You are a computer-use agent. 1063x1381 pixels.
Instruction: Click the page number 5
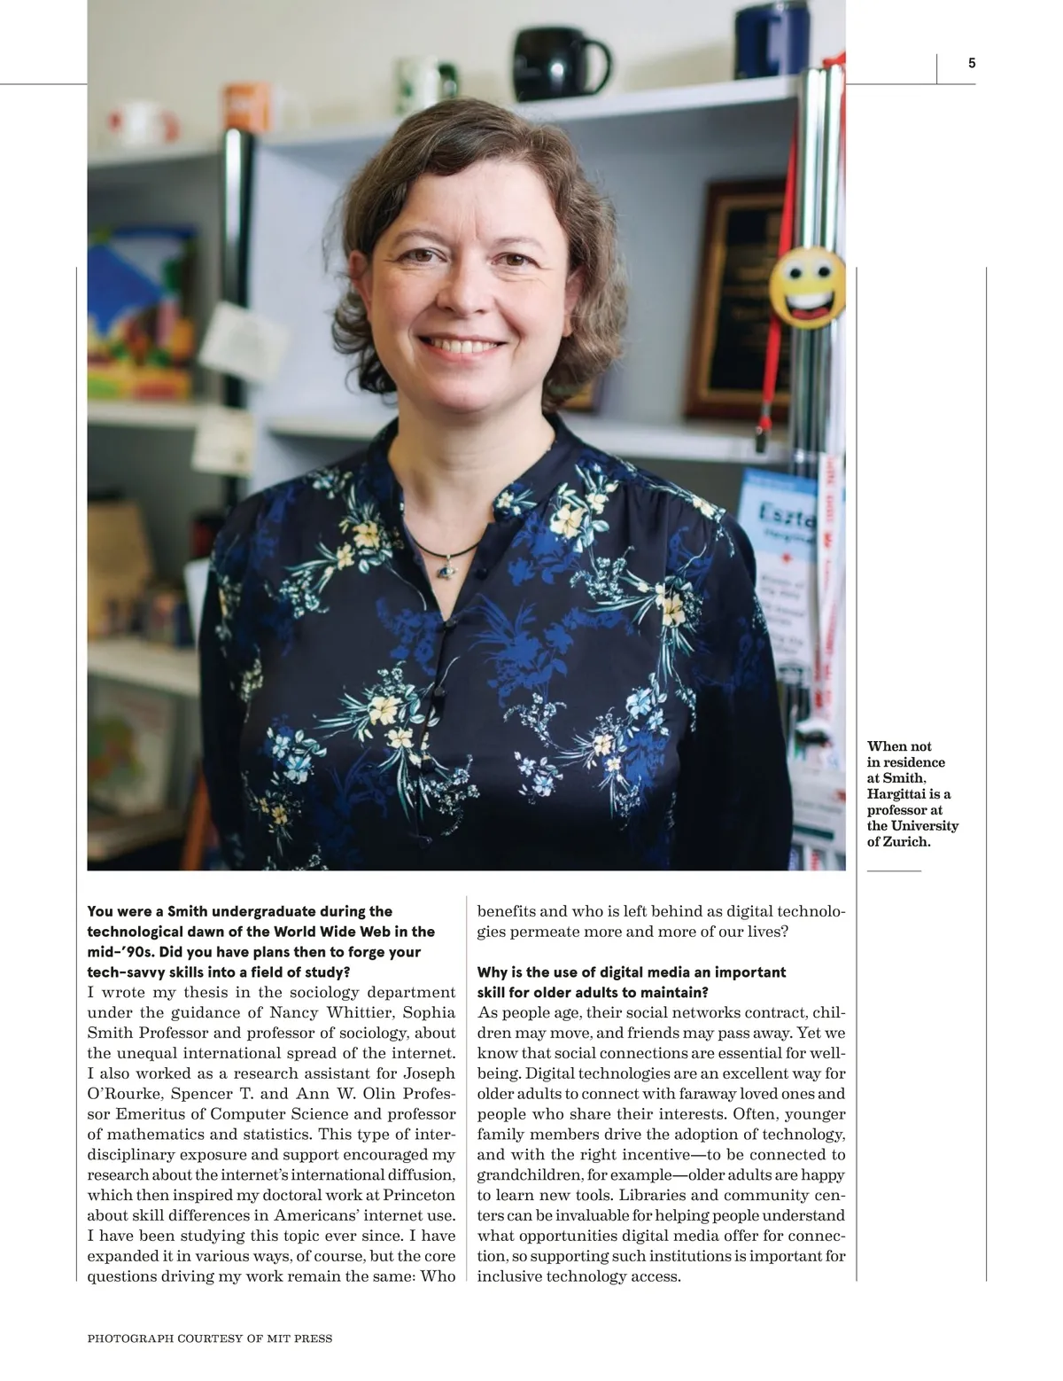pyautogui.click(x=972, y=63)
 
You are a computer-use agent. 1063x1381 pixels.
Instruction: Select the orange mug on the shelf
pyautogui.click(x=245, y=106)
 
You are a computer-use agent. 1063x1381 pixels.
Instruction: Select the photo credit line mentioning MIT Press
pyautogui.click(x=210, y=1338)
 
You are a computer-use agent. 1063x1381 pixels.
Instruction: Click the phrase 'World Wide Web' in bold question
pyautogui.click(x=353, y=932)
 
